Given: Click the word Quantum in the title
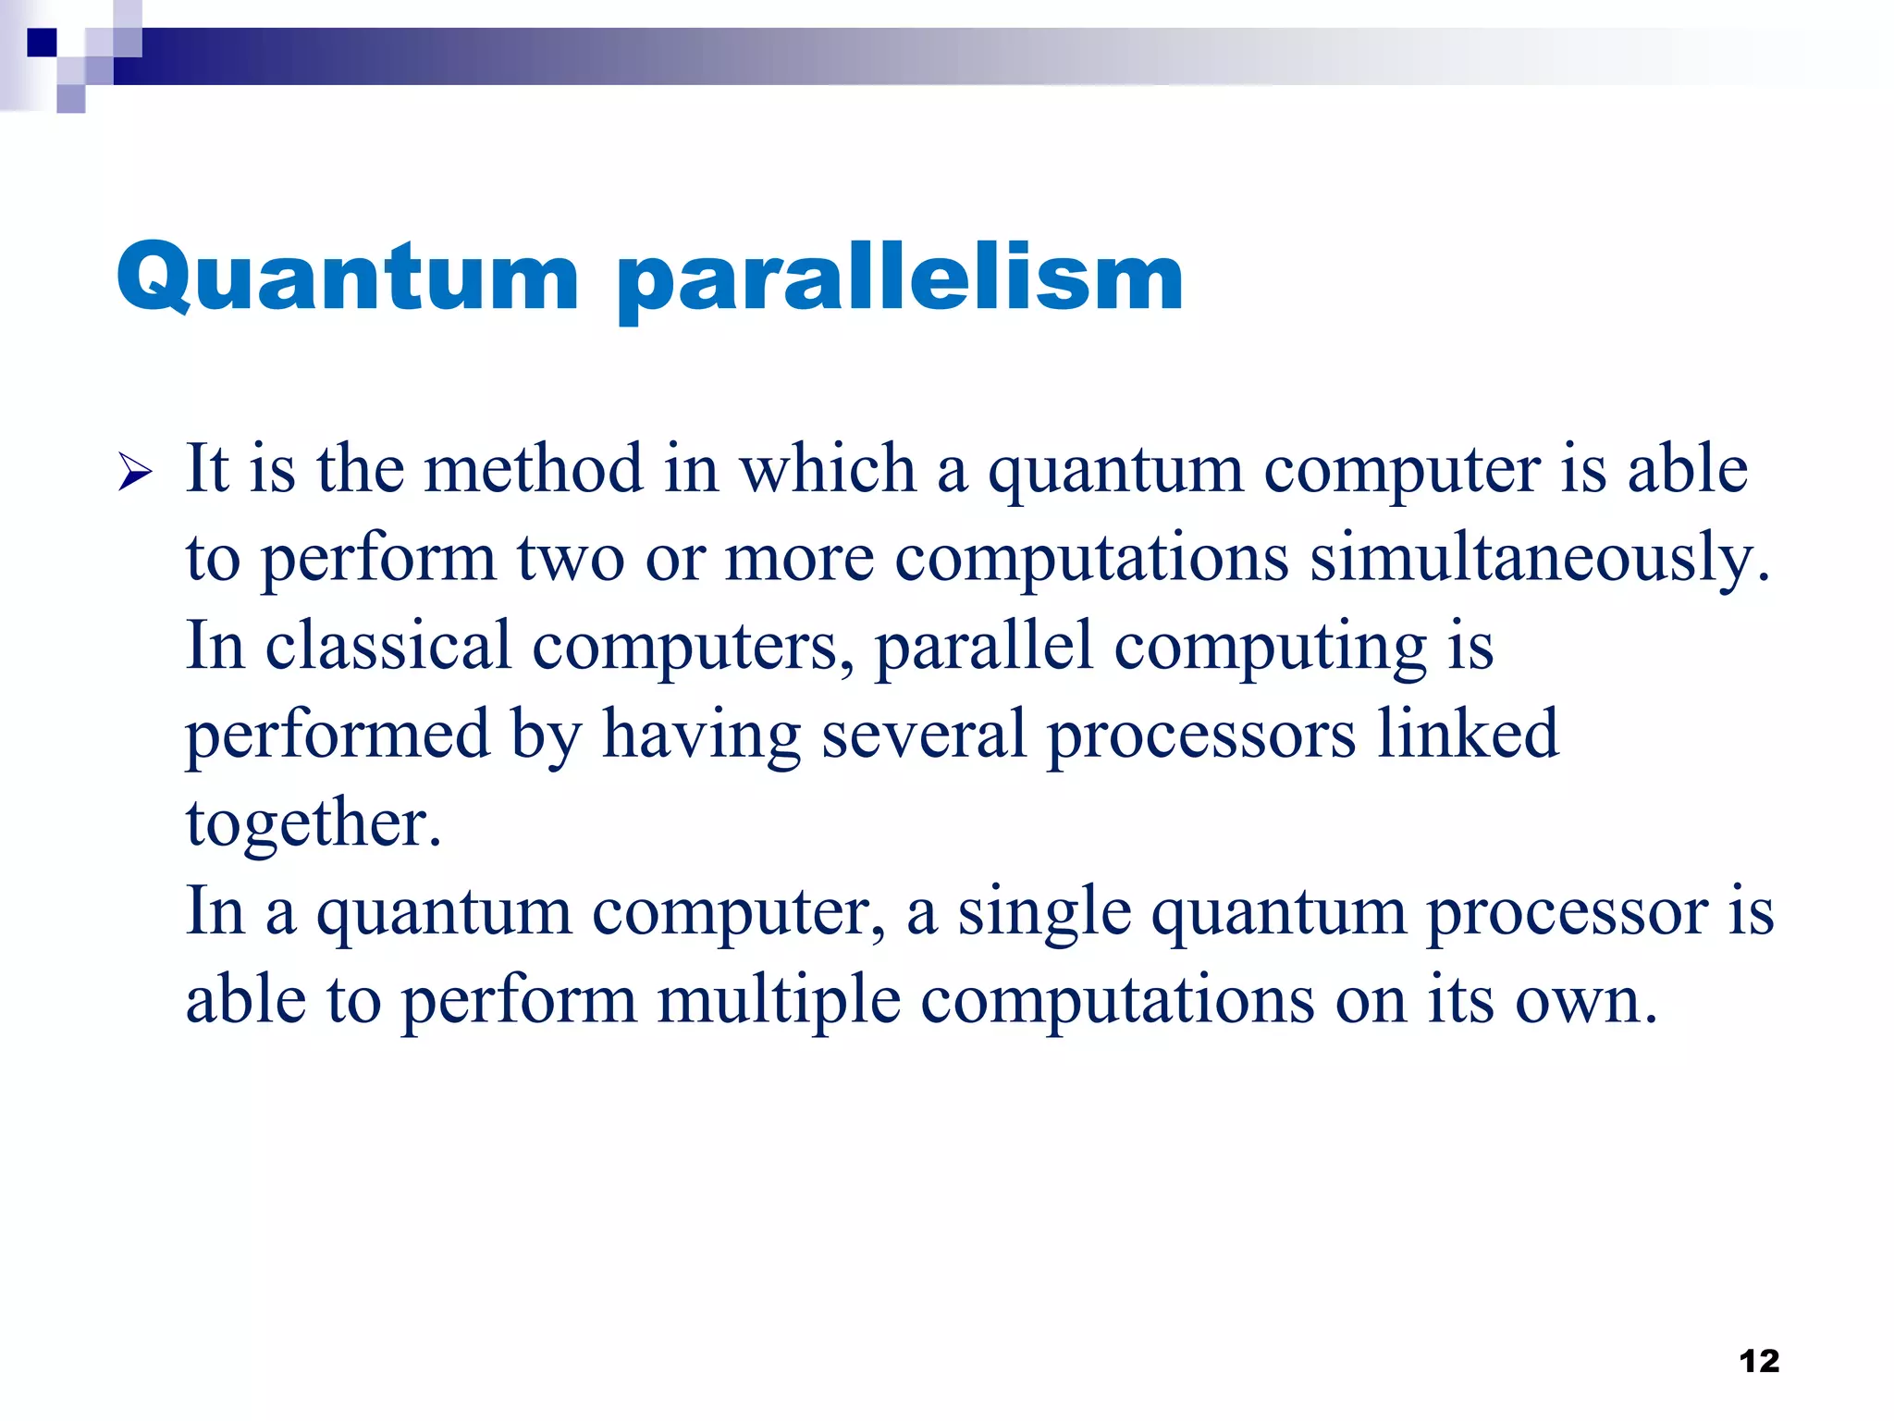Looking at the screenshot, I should tap(347, 278).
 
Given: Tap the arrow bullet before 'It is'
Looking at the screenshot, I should tap(135, 474).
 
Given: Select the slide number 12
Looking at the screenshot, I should tap(1759, 1361).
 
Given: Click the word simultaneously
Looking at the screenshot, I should tap(1540, 558).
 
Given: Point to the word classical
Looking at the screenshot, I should tap(387, 646).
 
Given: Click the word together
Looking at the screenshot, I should tap(313, 823).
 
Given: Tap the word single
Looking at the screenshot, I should tap(1044, 912).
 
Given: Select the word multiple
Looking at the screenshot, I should tap(779, 1001).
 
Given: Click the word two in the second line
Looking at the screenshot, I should tap(570, 558).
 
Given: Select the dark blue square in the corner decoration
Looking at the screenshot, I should tap(42, 43).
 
